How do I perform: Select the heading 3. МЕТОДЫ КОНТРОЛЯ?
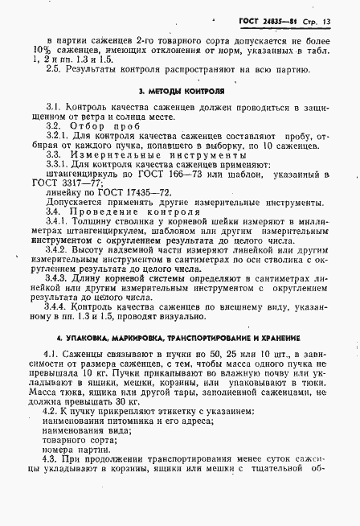pos(180,92)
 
